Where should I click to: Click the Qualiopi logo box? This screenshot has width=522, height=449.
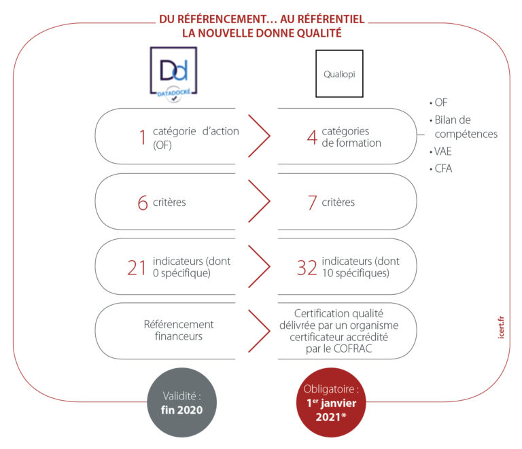pos(339,73)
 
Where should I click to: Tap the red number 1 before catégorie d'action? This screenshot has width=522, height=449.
pos(143,137)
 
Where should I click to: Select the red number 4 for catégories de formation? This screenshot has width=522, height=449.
pos(312,137)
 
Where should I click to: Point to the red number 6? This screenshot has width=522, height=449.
pos(143,203)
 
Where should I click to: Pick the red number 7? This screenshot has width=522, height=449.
pos(312,203)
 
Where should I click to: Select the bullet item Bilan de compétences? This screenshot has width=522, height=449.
pos(466,127)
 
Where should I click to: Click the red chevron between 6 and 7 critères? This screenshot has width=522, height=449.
pos(259,202)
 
